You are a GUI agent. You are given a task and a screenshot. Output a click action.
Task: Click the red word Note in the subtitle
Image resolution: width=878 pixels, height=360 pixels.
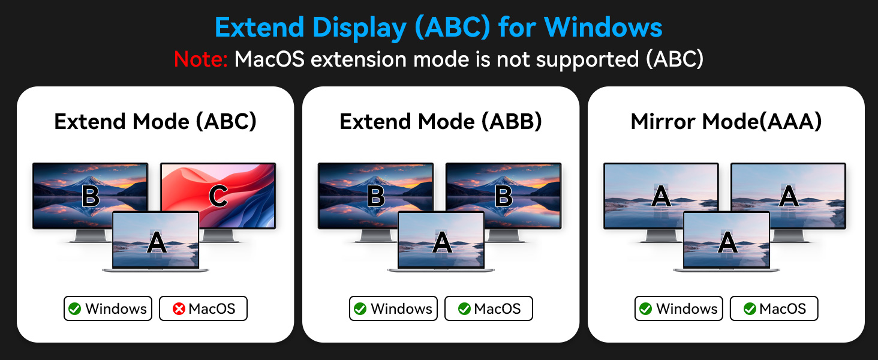(x=200, y=59)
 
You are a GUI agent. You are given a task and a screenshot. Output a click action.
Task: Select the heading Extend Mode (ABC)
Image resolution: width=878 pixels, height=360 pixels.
(x=155, y=122)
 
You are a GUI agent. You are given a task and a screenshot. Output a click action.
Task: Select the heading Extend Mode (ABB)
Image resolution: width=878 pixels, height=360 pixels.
(x=441, y=122)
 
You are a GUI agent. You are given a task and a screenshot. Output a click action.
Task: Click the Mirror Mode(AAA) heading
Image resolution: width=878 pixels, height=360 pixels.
(x=726, y=122)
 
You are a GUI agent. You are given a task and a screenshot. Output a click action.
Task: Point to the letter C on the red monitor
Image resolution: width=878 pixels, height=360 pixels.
(x=218, y=196)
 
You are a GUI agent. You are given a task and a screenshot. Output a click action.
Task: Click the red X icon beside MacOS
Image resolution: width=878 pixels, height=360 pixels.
(x=178, y=309)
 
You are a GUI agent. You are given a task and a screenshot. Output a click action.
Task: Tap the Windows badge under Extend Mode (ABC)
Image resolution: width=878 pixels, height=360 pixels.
(x=108, y=309)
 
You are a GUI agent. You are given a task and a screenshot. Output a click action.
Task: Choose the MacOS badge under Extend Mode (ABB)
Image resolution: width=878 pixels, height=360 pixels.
(x=489, y=309)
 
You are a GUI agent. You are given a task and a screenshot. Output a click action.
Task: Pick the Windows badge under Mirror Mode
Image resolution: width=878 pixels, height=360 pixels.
(x=679, y=309)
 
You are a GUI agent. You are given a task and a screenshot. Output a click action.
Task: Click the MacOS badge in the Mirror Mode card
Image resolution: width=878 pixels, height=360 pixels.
(x=774, y=309)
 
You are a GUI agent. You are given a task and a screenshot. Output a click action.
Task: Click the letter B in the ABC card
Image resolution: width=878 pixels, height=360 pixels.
(x=90, y=196)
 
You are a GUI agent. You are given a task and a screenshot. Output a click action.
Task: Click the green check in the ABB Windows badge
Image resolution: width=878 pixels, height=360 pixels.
(x=360, y=309)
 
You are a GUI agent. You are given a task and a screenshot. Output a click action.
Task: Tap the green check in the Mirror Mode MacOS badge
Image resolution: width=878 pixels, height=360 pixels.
(x=750, y=309)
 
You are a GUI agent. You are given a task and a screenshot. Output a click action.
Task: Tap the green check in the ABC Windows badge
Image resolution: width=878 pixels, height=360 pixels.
(x=75, y=309)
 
